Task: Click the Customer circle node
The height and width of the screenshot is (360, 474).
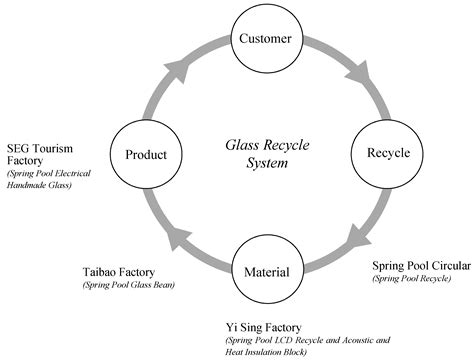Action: pyautogui.click(x=265, y=40)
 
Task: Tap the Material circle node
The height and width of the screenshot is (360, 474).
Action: pyautogui.click(x=265, y=271)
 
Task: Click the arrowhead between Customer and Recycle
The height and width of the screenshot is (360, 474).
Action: pyautogui.click(x=354, y=74)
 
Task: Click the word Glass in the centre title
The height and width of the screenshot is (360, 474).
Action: pyautogui.click(x=239, y=145)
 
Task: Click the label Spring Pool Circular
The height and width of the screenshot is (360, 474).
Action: pyautogui.click(x=419, y=266)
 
